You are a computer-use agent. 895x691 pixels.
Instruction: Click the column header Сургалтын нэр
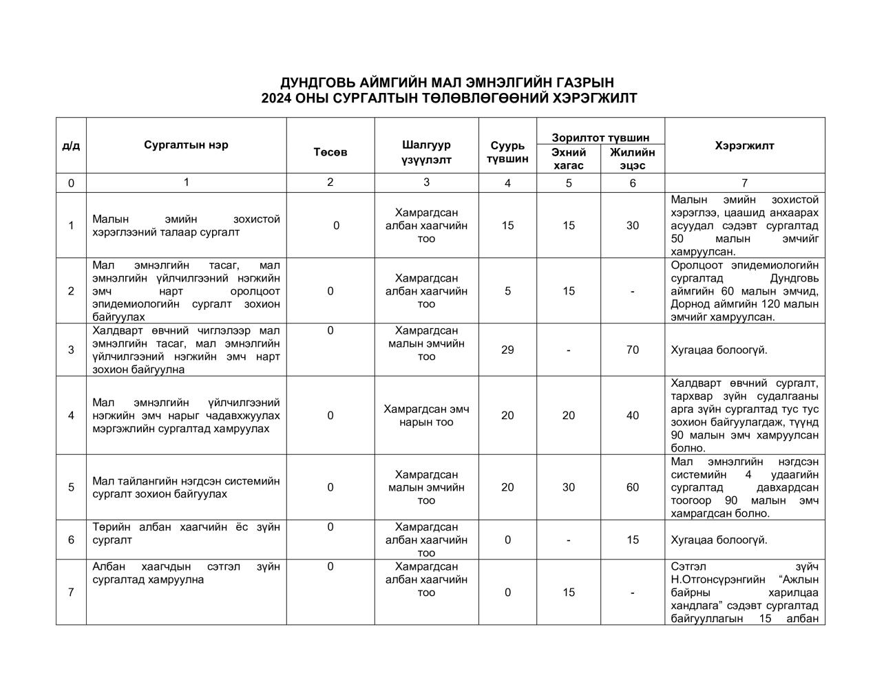point(186,145)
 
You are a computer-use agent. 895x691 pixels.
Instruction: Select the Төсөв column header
point(330,152)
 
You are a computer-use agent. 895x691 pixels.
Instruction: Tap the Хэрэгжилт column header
point(744,146)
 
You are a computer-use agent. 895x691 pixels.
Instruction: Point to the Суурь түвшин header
point(507,152)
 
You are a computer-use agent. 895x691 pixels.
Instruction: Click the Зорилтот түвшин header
point(600,138)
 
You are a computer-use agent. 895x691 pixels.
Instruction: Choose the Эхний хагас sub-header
point(569,159)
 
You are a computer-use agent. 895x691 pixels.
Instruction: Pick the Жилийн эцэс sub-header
point(632,159)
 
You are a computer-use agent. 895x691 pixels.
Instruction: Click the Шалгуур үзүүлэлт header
point(426,152)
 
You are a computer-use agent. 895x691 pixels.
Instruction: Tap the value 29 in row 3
point(507,350)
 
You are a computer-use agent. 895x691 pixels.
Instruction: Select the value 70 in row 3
point(632,350)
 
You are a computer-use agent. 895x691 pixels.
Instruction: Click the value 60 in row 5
point(632,487)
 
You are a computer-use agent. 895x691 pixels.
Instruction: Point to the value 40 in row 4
point(632,415)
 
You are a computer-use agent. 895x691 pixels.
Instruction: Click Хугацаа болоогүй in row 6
point(719,540)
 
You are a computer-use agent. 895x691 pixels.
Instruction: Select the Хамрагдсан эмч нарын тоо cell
point(426,415)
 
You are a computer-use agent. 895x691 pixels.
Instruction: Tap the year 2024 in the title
point(277,98)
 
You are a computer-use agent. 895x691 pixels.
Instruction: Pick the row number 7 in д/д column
point(71,593)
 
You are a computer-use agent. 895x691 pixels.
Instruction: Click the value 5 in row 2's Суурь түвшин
point(507,291)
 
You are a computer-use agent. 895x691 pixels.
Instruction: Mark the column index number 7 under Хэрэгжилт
point(744,183)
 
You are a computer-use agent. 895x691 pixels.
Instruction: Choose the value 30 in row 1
point(632,226)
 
